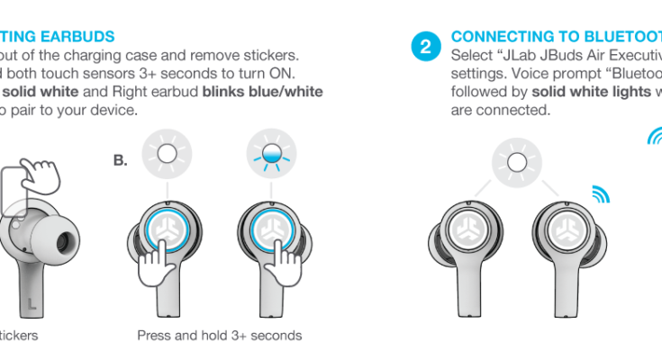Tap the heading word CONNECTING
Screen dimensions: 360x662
pyautogui.click(x=494, y=37)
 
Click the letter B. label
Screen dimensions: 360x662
pyautogui.click(x=119, y=161)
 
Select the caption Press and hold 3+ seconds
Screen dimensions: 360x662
pyautogui.click(x=219, y=336)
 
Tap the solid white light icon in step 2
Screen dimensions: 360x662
pyautogui.click(x=516, y=162)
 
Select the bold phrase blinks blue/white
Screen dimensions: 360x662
pyautogui.click(x=262, y=92)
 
